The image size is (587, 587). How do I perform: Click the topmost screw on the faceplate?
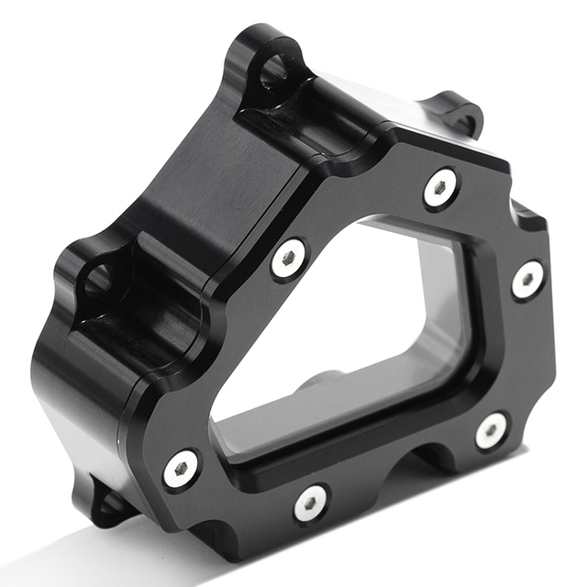click(x=440, y=188)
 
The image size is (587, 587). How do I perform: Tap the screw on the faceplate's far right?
click(x=527, y=280)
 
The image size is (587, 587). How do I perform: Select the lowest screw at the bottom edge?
click(x=311, y=502)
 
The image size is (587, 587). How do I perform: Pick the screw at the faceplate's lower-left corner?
click(x=181, y=469)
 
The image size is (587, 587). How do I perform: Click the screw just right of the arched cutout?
click(x=492, y=430)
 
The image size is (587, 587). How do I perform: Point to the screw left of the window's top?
click(x=289, y=260)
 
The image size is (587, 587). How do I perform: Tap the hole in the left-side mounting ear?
click(x=98, y=278)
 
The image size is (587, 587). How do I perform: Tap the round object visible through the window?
click(x=321, y=382)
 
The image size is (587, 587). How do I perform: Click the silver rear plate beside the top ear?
click(x=367, y=92)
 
